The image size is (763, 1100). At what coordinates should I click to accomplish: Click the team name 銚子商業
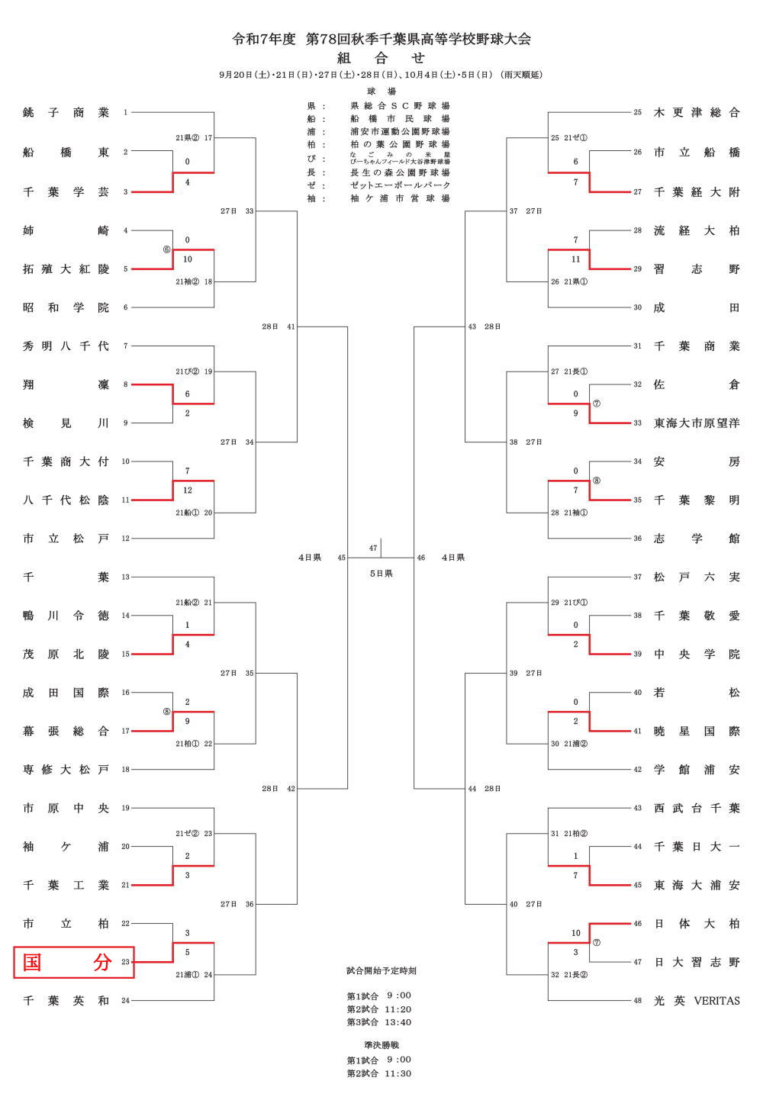click(x=66, y=113)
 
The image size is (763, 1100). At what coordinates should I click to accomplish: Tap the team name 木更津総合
click(x=697, y=113)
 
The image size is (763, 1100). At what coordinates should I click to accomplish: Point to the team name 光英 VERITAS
click(x=697, y=1001)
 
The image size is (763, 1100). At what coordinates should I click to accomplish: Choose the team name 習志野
click(x=697, y=269)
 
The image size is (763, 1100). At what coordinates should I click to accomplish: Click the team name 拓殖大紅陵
click(x=66, y=269)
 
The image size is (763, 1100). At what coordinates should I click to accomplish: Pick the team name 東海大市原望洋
click(x=697, y=423)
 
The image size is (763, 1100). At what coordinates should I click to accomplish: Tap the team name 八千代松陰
click(x=66, y=500)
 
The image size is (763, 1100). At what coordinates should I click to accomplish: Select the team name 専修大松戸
click(x=66, y=770)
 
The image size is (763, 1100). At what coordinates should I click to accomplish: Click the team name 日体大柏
click(x=697, y=924)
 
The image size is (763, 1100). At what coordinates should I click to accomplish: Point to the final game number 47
click(x=373, y=548)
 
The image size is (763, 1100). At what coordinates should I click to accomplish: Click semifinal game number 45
click(x=342, y=558)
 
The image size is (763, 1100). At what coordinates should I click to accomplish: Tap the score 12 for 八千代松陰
click(x=188, y=490)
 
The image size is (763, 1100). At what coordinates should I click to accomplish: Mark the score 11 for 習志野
click(x=576, y=259)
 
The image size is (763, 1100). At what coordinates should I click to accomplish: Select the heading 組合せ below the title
click(x=381, y=58)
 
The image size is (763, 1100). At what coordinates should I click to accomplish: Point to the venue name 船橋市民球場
click(x=400, y=119)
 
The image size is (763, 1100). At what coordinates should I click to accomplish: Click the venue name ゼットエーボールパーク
click(x=400, y=185)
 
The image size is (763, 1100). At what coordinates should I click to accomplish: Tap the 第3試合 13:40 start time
click(x=379, y=1022)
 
